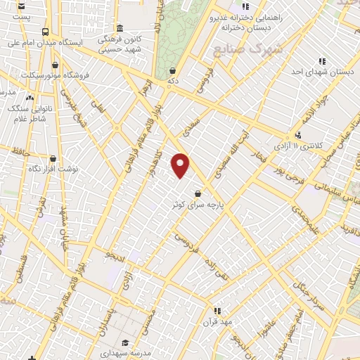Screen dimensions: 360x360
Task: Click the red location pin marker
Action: (x=181, y=165)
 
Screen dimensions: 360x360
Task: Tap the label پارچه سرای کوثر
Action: (x=198, y=205)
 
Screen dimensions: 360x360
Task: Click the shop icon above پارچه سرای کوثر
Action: (x=198, y=193)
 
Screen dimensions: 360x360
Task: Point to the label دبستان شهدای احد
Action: (x=326, y=72)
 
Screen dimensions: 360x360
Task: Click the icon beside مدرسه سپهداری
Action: (x=124, y=335)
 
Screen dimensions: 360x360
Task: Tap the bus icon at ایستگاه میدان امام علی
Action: (x=45, y=32)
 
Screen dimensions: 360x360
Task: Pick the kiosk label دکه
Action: (x=173, y=82)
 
